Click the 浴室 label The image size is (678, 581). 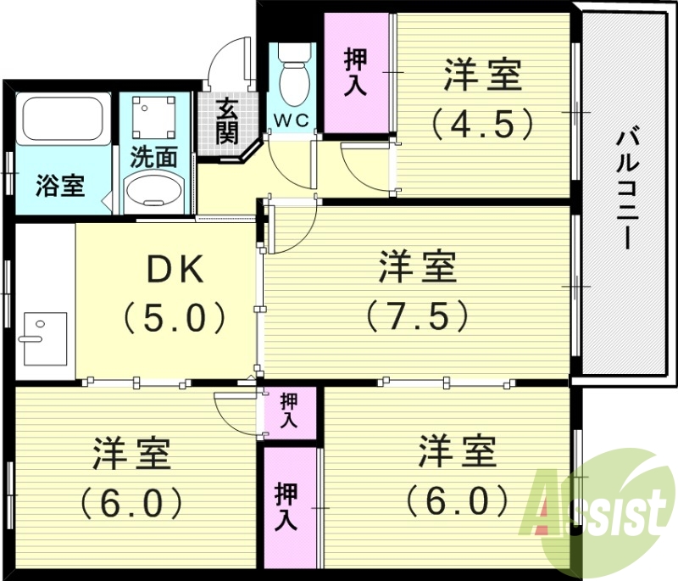click(x=60, y=186)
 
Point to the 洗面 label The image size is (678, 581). click(x=153, y=157)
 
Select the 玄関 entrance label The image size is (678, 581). click(x=225, y=120)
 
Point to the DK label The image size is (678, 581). click(x=175, y=270)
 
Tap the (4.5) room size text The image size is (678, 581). click(x=482, y=124)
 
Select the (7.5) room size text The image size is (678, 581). click(x=418, y=316)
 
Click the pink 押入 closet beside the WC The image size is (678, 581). click(x=356, y=74)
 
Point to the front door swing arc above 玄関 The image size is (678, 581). click(x=231, y=64)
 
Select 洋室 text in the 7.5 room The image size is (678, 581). click(x=418, y=267)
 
